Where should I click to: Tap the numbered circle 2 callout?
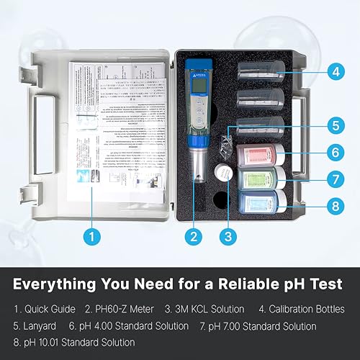[193, 235]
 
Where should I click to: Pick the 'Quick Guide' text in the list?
[50, 309]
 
